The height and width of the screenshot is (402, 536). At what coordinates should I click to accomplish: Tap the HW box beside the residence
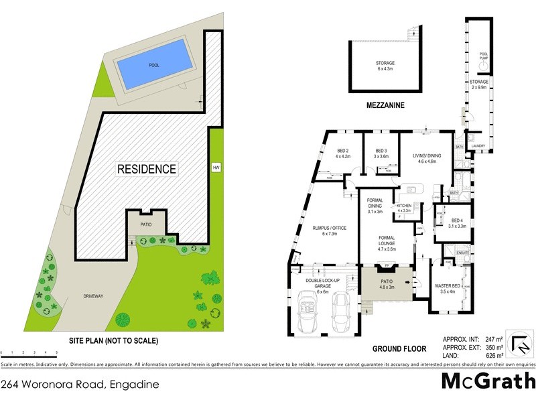[x=216, y=167]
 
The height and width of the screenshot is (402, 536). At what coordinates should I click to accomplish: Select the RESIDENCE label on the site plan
[x=147, y=169]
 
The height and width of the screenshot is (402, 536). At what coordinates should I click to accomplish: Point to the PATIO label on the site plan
[x=147, y=226]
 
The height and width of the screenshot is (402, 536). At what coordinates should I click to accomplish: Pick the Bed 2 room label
[x=342, y=153]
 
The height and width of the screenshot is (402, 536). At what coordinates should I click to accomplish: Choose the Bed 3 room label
[x=381, y=153]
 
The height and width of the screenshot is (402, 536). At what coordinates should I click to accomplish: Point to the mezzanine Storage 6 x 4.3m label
[x=385, y=66]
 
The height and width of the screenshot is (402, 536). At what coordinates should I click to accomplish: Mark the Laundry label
[x=478, y=145]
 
